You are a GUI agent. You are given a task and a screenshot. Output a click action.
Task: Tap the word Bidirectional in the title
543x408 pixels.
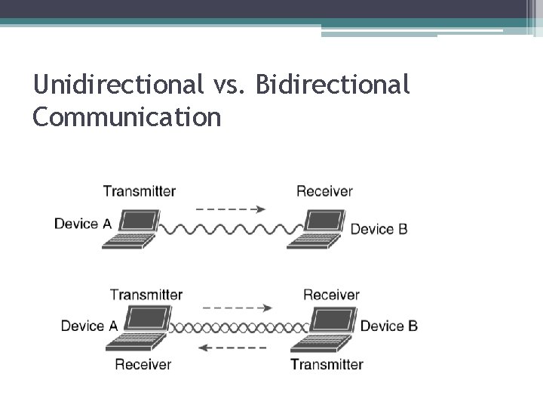[333, 84]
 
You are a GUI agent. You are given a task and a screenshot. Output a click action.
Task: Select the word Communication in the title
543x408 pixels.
[127, 117]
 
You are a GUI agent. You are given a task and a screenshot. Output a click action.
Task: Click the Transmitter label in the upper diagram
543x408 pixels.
[139, 191]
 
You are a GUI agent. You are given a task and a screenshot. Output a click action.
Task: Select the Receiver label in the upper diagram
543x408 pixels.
[324, 191]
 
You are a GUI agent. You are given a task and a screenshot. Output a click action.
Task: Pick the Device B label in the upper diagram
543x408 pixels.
[379, 228]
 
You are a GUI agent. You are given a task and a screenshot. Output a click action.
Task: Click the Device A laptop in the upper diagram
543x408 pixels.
[131, 229]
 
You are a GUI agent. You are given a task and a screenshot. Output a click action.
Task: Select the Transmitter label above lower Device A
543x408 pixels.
[146, 295]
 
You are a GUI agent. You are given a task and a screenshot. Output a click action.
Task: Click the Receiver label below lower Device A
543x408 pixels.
[143, 364]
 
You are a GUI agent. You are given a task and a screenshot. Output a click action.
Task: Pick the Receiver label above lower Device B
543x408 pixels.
[331, 295]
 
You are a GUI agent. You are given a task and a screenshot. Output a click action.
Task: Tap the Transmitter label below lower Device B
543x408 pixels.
[327, 364]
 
